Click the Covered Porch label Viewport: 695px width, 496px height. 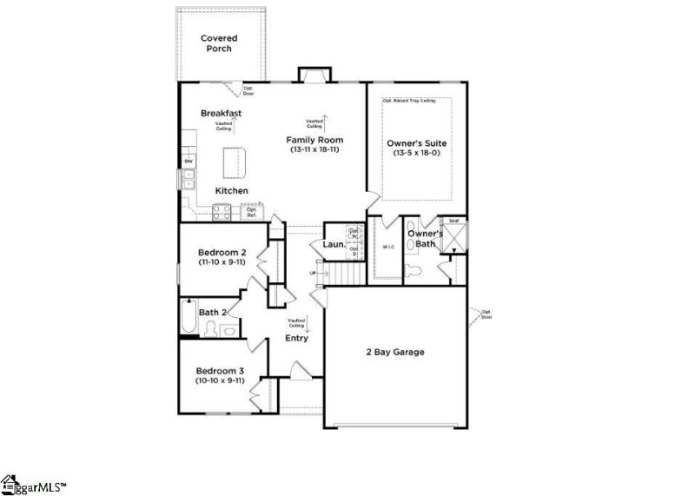pos(219,43)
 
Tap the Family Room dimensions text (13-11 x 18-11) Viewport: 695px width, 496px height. pos(315,150)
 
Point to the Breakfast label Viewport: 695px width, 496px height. pos(221,114)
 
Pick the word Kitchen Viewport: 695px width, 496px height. pos(232,190)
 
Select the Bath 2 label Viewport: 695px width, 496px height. pos(213,313)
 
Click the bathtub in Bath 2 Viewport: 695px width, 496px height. pos(189,318)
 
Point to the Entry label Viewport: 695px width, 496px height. pos(296,338)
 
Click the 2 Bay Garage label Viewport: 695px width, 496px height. pos(394,352)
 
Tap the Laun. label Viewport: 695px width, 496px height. pos(334,245)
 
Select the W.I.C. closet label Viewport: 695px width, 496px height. pos(387,248)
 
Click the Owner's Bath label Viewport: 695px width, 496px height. pos(425,239)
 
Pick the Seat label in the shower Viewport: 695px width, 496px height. pos(453,221)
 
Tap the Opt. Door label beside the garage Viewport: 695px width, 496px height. pos(486,314)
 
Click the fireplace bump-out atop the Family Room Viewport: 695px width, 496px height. pos(311,75)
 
